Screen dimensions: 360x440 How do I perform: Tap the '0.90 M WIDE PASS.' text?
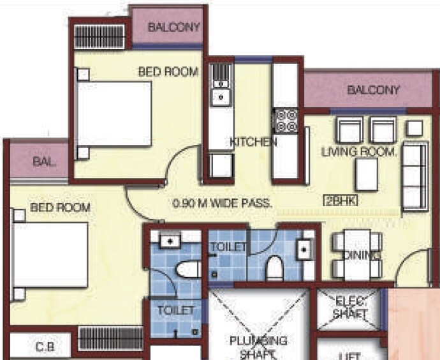(223, 204)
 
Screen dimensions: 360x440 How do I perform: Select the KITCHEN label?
(253, 142)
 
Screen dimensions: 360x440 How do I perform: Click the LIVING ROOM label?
(360, 152)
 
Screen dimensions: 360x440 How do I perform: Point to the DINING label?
(362, 255)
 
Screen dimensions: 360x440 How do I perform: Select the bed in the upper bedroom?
(114, 115)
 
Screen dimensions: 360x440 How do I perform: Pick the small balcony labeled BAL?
(44, 162)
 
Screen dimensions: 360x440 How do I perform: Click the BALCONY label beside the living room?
(373, 90)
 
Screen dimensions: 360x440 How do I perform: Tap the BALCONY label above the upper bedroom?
(174, 27)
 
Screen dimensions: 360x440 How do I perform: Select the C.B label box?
(45, 347)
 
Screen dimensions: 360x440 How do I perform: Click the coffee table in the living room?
(366, 174)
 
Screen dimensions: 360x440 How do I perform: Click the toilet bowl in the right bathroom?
(274, 268)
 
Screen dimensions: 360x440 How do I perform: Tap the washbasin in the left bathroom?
(169, 241)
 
